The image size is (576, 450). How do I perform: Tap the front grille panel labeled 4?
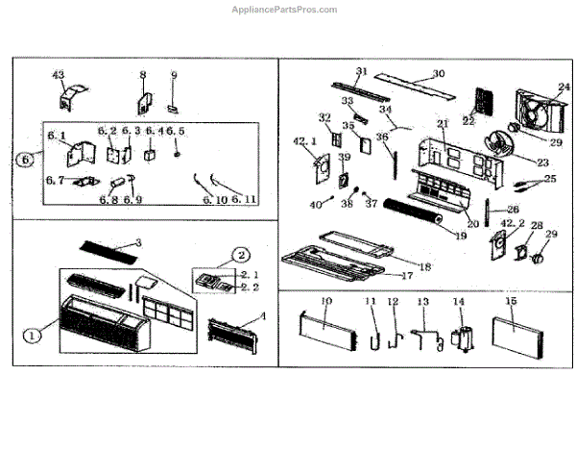[233, 336]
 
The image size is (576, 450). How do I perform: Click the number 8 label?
[142, 74]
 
